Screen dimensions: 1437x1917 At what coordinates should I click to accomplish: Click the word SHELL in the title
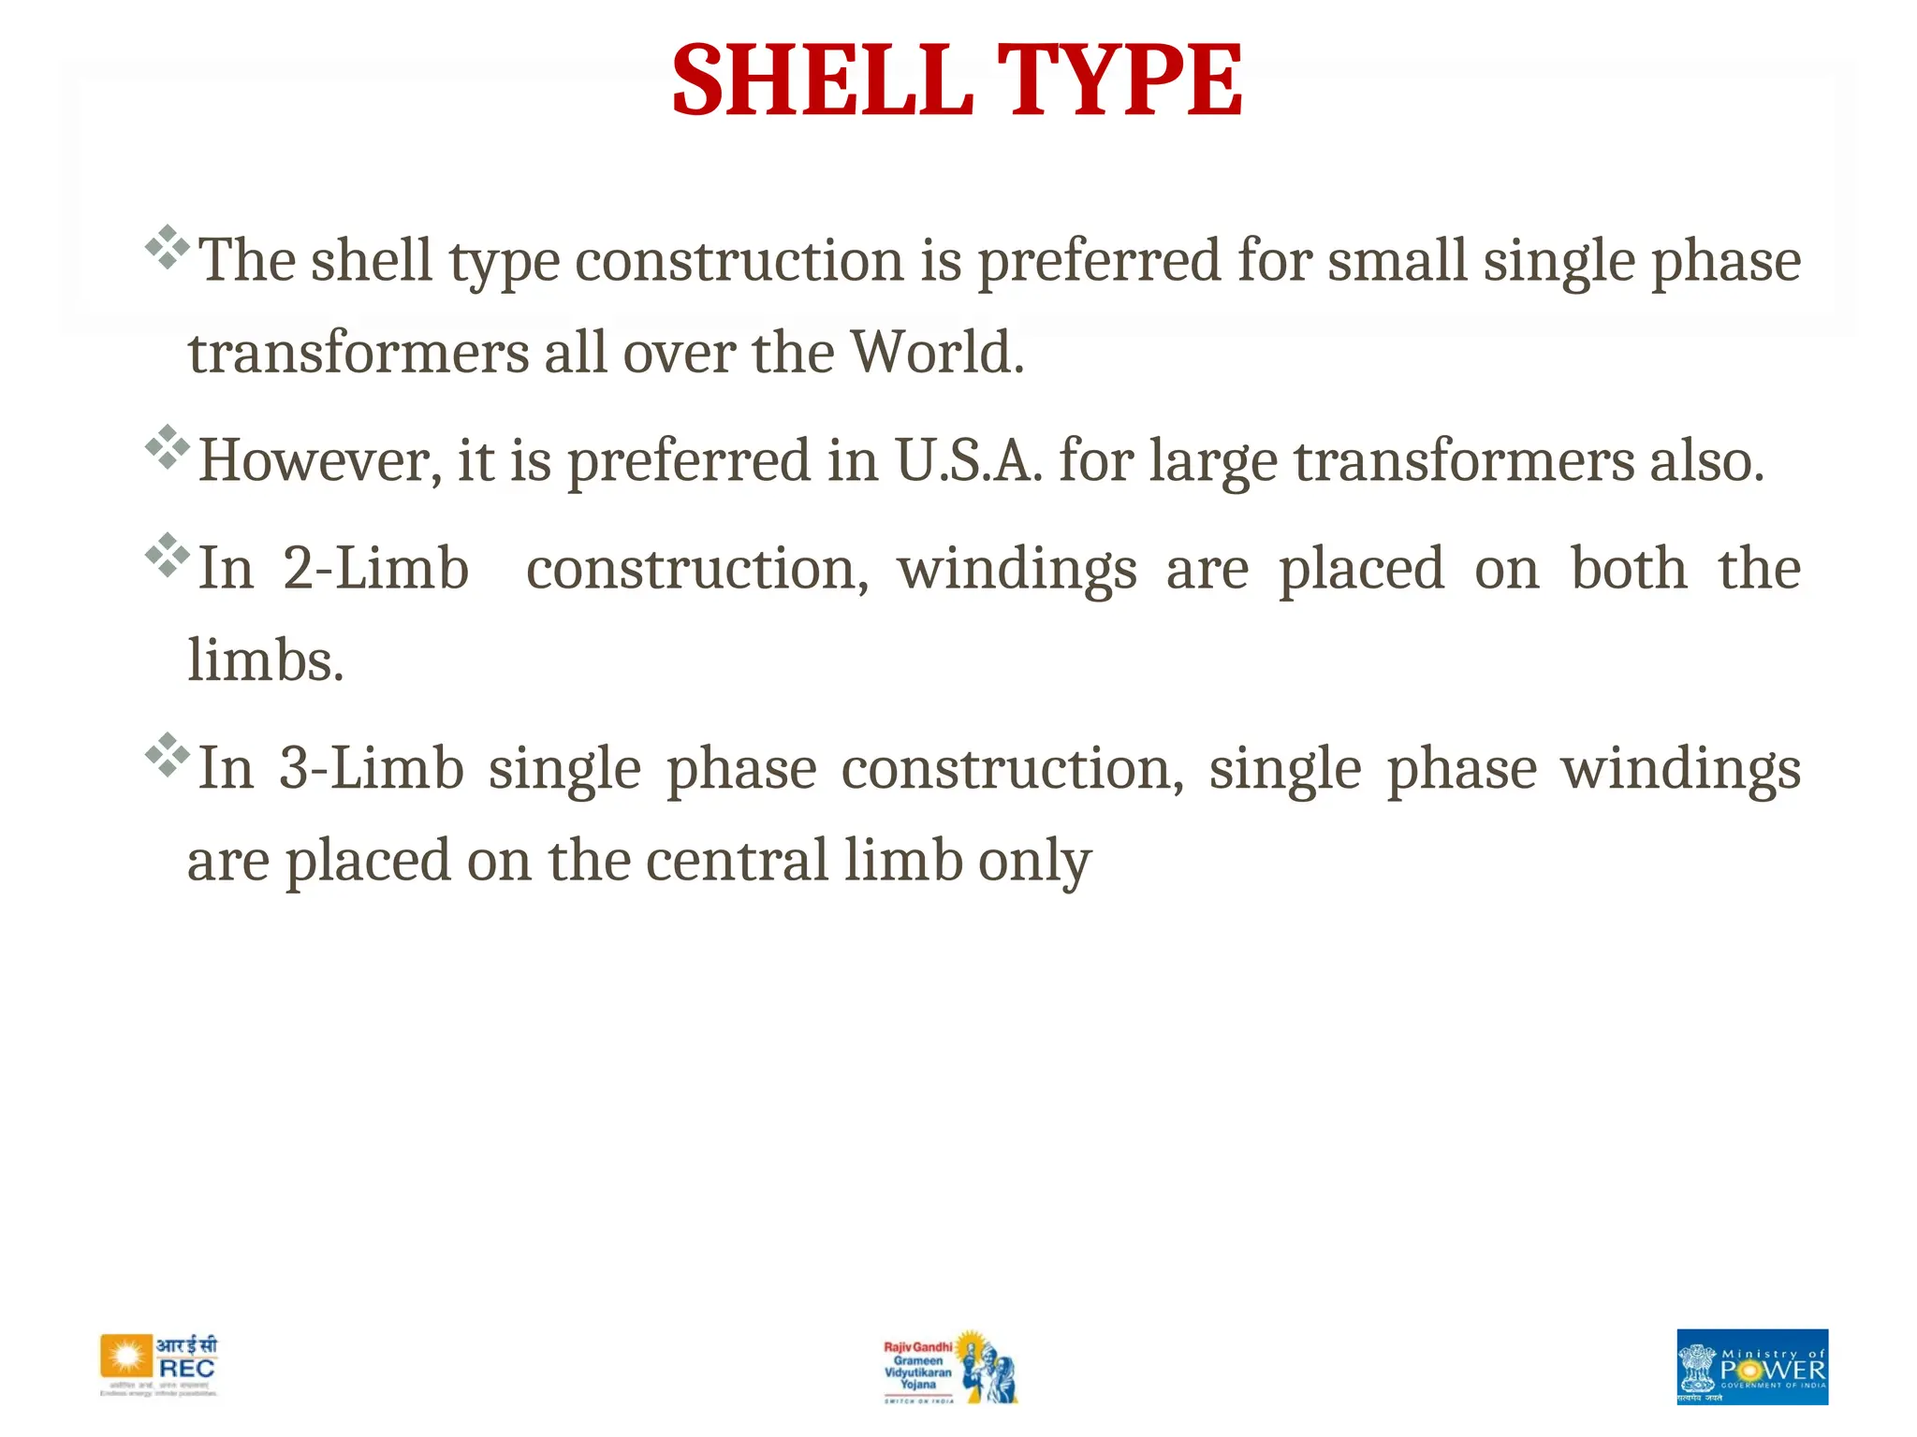[821, 81]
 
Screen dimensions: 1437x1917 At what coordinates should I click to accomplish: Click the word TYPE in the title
[1119, 81]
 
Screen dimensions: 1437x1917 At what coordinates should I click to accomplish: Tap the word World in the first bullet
[937, 353]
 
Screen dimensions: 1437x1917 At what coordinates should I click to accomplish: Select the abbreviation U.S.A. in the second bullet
[969, 460]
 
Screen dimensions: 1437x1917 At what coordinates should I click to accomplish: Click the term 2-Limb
[375, 568]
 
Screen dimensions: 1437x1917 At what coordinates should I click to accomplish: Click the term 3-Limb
[372, 768]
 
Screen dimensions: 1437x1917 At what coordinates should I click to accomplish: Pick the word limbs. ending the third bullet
[266, 660]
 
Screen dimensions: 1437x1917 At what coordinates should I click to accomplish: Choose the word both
[1629, 568]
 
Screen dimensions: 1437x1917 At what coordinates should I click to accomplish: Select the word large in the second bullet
[1212, 462]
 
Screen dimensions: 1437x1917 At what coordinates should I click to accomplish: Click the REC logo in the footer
[159, 1366]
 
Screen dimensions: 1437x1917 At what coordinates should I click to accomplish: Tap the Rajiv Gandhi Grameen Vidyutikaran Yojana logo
[950, 1367]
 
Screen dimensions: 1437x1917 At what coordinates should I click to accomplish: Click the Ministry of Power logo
[1751, 1366]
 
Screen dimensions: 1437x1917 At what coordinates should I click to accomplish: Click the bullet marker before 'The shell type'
[168, 247]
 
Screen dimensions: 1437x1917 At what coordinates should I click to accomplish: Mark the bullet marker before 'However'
[168, 447]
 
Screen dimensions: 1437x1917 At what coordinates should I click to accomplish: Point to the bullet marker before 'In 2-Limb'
[168, 555]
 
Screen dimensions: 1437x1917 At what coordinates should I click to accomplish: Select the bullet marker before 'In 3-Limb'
[168, 755]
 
